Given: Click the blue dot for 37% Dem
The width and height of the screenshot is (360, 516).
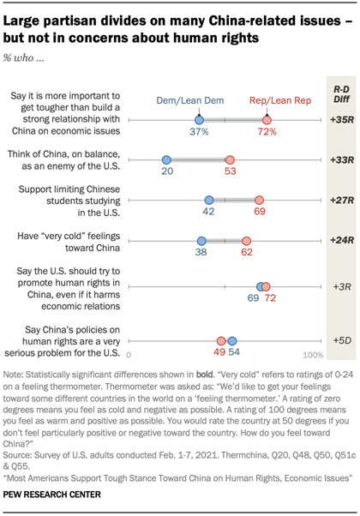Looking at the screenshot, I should tap(199, 122).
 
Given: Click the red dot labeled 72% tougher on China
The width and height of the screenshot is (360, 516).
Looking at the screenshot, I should tap(267, 122).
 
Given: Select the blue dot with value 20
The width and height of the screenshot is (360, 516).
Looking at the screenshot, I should tap(166, 160).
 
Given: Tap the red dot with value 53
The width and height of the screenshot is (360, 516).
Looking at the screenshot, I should tap(230, 160).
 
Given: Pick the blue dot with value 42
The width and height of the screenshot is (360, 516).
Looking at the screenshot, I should tap(208, 199).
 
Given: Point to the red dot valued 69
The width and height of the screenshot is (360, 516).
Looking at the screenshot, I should tap(261, 199).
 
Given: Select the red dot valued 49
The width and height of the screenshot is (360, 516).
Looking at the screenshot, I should tap(221, 316).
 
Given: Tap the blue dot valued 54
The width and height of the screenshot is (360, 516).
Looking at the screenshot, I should tap(231, 316).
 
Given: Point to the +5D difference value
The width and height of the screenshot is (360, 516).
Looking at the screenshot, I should tap(341, 316).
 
